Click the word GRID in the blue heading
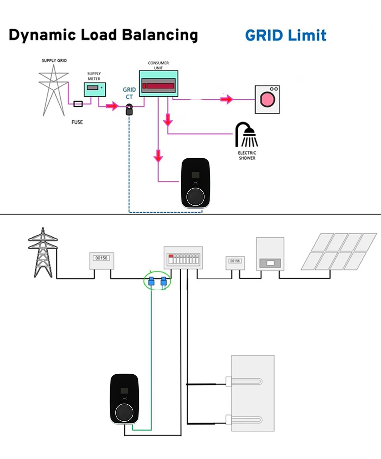(x=264, y=36)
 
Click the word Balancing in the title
(x=160, y=35)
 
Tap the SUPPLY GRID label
(x=54, y=60)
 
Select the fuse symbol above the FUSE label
(x=78, y=104)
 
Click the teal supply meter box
(x=95, y=89)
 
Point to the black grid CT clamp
(x=129, y=110)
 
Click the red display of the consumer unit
(x=159, y=86)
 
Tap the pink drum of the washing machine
(x=267, y=99)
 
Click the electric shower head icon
(x=246, y=134)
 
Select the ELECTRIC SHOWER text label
(x=247, y=156)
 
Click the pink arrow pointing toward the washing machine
(x=226, y=99)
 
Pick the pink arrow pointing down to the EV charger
(x=158, y=156)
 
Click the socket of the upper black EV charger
(x=195, y=196)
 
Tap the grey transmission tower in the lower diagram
(x=43, y=252)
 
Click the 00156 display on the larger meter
(x=101, y=258)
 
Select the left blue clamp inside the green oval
(x=151, y=281)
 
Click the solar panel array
(x=339, y=251)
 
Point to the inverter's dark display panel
(x=270, y=263)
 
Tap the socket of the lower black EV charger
(x=124, y=413)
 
